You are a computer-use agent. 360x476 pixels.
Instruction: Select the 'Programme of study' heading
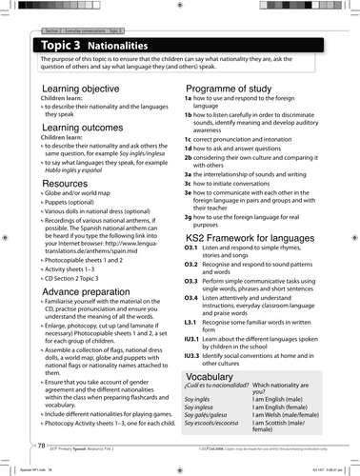point(230,86)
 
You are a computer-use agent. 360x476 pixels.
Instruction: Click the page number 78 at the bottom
point(41,446)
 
